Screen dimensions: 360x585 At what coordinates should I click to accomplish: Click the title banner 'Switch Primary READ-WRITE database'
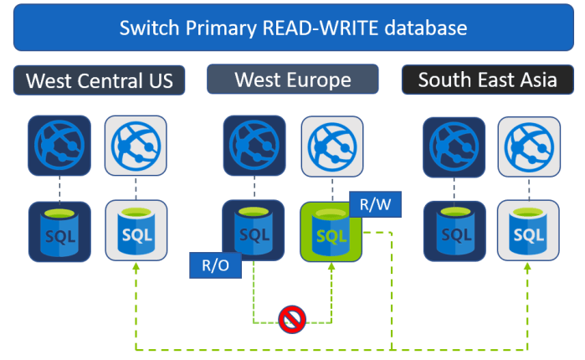[292, 28]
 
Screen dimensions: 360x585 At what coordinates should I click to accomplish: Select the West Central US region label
[100, 80]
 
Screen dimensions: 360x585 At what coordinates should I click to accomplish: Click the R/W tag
[370, 203]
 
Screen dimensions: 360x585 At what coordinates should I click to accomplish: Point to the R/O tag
[215, 265]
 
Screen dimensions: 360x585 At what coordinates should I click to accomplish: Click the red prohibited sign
[292, 318]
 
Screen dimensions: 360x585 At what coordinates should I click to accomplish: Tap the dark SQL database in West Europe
[254, 230]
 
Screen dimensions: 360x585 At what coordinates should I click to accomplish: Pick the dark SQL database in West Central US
[59, 230]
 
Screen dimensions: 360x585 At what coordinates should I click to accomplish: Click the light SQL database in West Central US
[136, 230]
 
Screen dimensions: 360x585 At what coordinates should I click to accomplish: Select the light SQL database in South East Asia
[529, 230]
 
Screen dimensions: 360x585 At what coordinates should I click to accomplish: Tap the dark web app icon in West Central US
[59, 146]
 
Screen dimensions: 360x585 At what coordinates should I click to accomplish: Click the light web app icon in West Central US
[136, 146]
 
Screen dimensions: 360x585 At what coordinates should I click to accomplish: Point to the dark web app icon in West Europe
[254, 146]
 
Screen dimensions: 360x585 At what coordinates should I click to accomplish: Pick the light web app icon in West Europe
[331, 146]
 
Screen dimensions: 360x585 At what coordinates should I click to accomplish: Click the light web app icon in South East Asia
[529, 146]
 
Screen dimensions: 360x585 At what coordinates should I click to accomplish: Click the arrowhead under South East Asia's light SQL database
[528, 270]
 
